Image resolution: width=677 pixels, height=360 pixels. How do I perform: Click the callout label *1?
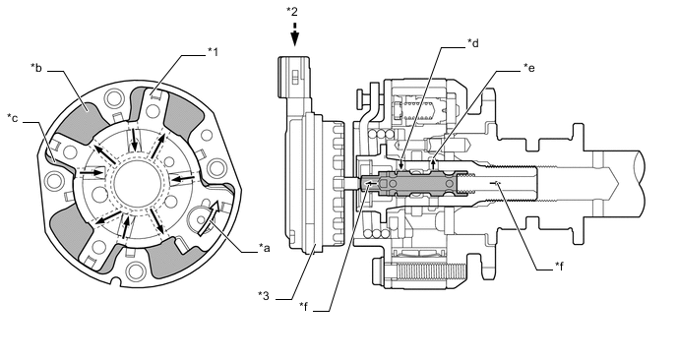point(213,52)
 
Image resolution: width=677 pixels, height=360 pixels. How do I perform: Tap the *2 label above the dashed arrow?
point(292,12)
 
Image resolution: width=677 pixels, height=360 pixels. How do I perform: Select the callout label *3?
point(264,296)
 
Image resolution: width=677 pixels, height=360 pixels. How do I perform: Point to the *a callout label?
point(265,248)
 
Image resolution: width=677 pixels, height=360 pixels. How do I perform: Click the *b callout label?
point(36,68)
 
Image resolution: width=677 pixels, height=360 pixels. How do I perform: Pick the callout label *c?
point(13,118)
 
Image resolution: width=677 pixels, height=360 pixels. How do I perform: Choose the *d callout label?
point(473,43)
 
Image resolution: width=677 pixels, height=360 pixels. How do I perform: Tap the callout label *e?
point(529,68)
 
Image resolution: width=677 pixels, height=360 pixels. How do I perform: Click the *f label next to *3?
point(304,307)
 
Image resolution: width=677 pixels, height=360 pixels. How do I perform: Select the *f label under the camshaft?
point(560,267)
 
